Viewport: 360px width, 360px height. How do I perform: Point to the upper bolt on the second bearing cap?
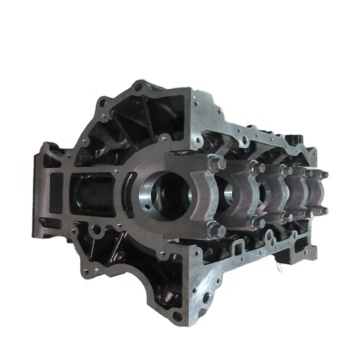pos(256,168)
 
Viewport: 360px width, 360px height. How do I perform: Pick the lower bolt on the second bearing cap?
pos(257,222)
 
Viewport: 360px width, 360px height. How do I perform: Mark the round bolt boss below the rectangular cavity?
pos(95,228)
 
